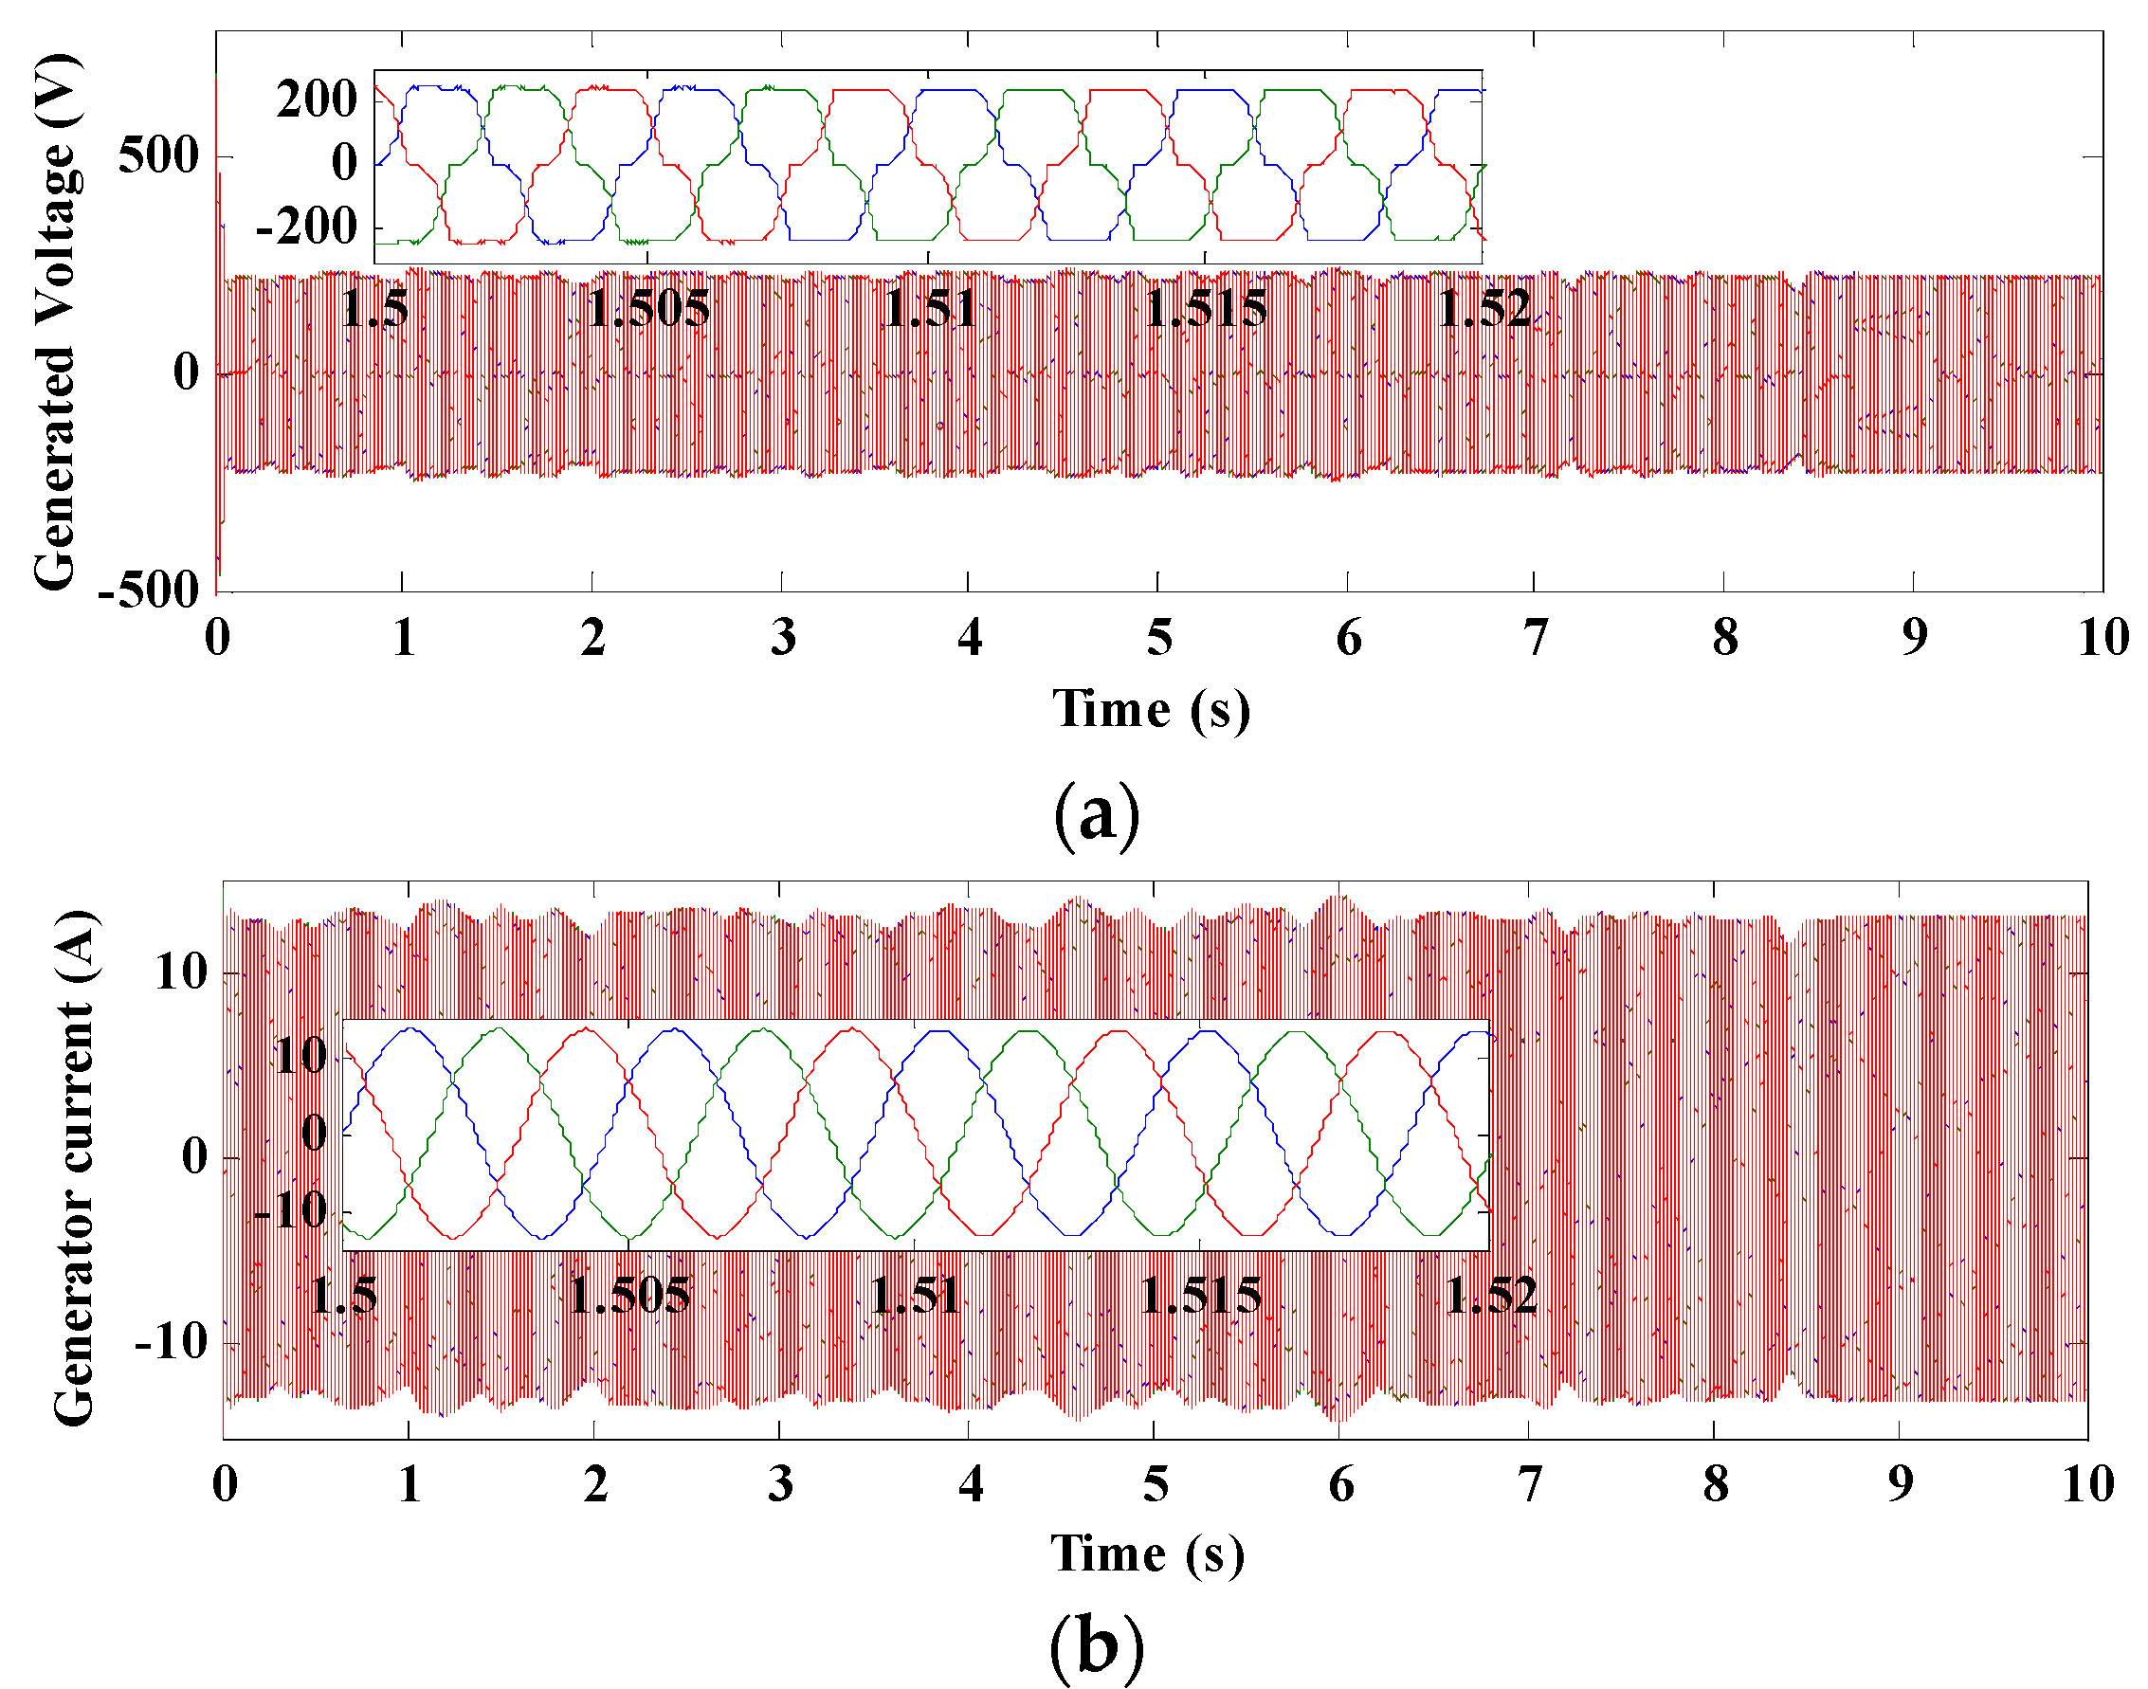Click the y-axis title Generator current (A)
tap(75, 1168)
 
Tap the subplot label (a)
tap(1096, 815)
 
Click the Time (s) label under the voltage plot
tap(1150, 710)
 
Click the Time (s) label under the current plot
tap(1147, 1553)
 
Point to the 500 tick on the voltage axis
tap(158, 156)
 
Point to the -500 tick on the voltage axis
tap(148, 590)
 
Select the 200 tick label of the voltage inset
tap(316, 100)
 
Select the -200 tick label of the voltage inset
tap(305, 228)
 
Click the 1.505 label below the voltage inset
tap(648, 310)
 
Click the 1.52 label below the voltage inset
tap(1484, 310)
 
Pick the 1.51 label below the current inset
tap(915, 1297)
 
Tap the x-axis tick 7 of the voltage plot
tap(1535, 638)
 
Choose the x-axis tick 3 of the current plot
tap(780, 1484)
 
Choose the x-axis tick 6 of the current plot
tap(1340, 1484)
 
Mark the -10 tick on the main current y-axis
tap(171, 1344)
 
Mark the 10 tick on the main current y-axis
tap(181, 973)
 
